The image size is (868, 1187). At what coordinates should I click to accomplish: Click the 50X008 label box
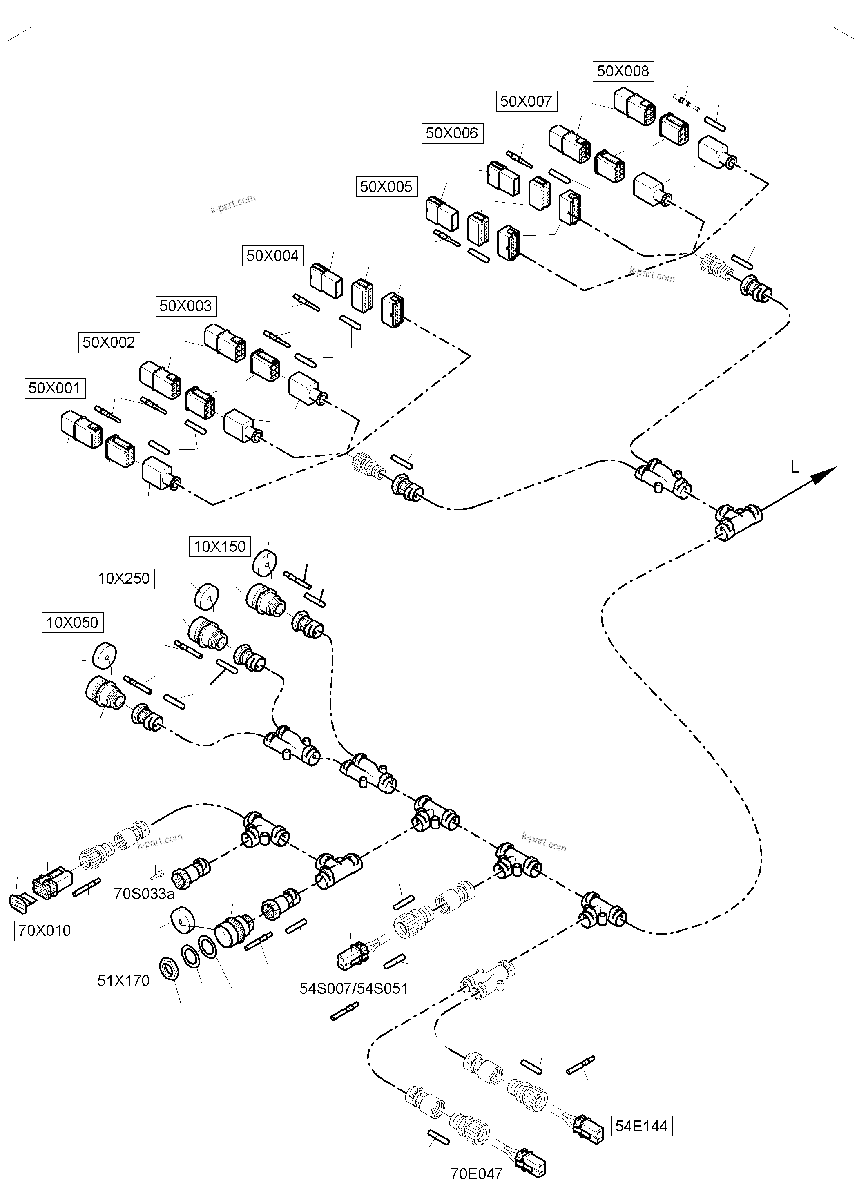[623, 71]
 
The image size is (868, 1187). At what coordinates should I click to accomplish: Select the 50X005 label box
[386, 187]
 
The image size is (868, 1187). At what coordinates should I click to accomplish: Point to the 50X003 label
[185, 306]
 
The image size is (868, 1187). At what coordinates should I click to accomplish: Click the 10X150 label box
[220, 547]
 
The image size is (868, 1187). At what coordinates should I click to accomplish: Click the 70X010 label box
[45, 930]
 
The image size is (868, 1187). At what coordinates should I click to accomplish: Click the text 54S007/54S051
[354, 988]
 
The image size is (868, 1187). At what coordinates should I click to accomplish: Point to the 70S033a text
[144, 893]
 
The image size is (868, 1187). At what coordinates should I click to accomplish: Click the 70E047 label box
[477, 1174]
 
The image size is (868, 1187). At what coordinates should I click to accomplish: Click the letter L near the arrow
[795, 466]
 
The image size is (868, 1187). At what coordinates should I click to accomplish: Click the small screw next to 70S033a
[156, 874]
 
